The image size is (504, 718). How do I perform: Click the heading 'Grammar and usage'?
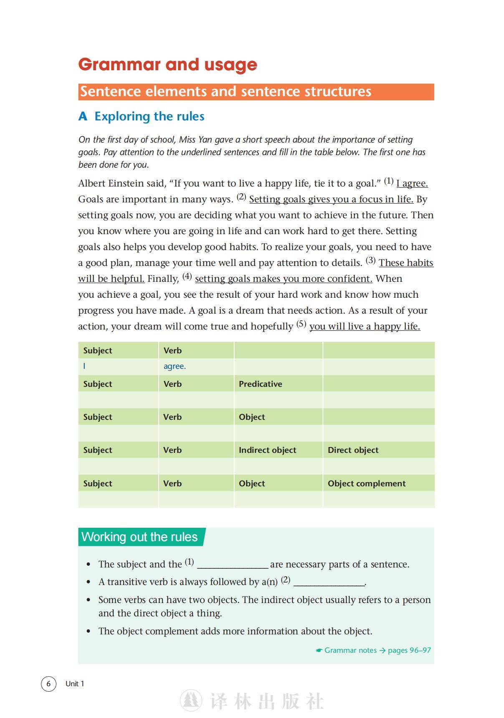(167, 64)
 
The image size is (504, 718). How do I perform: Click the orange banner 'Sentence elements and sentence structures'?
(225, 92)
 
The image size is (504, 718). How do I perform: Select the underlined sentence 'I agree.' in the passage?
(412, 184)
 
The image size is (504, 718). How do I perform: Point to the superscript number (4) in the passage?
(187, 276)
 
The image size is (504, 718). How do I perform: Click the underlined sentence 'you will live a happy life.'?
(365, 327)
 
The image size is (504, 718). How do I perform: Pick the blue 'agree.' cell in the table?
(175, 366)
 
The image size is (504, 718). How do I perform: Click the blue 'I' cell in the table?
(84, 366)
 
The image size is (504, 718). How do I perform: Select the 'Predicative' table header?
(260, 384)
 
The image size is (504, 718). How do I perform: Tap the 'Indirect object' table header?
(267, 450)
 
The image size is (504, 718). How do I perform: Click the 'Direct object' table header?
(353, 450)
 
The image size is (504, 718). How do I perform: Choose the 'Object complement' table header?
(366, 483)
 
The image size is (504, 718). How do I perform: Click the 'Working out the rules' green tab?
(139, 537)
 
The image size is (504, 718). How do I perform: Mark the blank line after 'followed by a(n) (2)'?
(329, 583)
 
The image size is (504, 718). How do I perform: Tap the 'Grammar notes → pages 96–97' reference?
(373, 650)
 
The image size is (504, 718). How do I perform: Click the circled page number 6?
(48, 684)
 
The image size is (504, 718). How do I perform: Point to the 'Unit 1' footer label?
(75, 684)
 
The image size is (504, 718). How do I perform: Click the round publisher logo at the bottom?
(191, 700)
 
